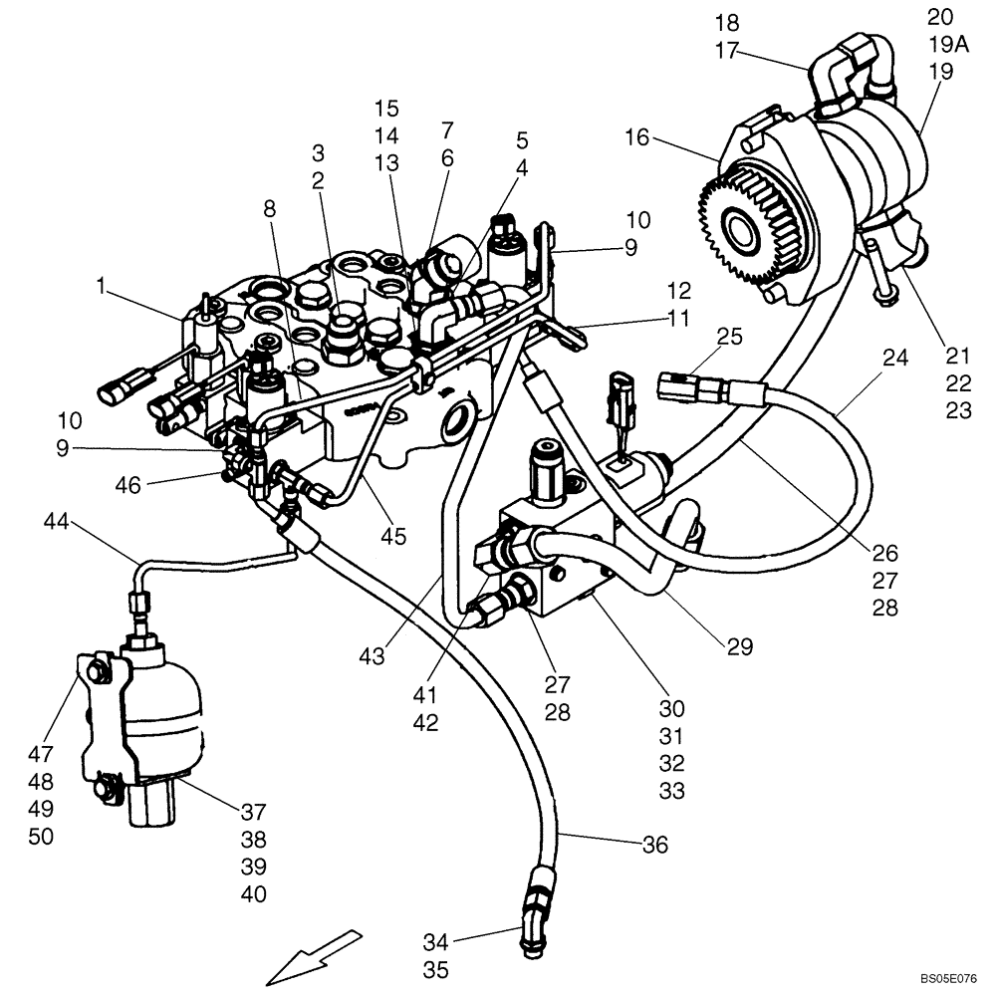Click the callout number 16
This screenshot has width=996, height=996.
636,137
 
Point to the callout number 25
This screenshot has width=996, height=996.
729,338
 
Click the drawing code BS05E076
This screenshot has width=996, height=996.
948,980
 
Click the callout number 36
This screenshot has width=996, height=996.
653,845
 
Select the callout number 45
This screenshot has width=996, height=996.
393,536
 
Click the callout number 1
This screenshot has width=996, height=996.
101,286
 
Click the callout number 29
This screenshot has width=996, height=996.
739,646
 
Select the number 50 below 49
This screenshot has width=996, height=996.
41,837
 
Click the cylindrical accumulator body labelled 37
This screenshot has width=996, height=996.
162,712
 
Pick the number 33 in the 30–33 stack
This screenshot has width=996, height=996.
671,791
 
